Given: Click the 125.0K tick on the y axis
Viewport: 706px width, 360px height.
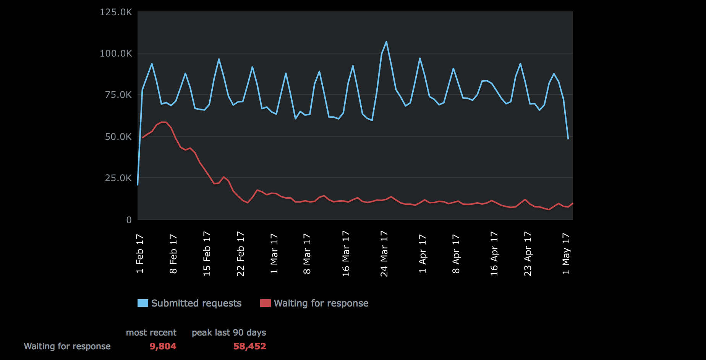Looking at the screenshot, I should pyautogui.click(x=116, y=12).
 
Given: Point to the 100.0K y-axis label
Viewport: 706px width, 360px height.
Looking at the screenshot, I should pyautogui.click(x=116, y=54).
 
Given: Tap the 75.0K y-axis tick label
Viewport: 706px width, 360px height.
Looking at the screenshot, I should pyautogui.click(x=118, y=95).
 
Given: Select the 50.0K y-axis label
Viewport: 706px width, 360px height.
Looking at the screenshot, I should pyautogui.click(x=118, y=136).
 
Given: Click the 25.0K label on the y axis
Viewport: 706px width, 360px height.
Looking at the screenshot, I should pyautogui.click(x=118, y=178).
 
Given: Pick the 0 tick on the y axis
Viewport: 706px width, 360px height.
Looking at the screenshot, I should pyautogui.click(x=129, y=220).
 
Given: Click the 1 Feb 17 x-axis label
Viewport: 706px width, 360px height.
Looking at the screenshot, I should pyautogui.click(x=140, y=254).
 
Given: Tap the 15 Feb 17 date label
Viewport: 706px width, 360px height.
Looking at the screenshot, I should pyautogui.click(x=207, y=254).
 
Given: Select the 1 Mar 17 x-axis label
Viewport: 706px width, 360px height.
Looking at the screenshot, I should pyautogui.click(x=274, y=254).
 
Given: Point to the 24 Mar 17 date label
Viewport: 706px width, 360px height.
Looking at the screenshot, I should pyautogui.click(x=384, y=254).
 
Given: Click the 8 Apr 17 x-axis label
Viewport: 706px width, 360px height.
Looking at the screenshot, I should pyautogui.click(x=456, y=254).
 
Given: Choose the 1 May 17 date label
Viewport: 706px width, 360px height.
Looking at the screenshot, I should pyautogui.click(x=566, y=254).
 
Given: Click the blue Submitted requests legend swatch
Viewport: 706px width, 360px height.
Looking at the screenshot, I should pyautogui.click(x=142, y=303).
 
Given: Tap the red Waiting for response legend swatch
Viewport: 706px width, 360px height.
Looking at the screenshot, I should pyautogui.click(x=265, y=303).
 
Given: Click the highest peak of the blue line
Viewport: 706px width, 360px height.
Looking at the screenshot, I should pyautogui.click(x=386, y=42).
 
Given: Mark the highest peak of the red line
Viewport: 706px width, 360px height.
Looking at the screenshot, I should pyautogui.click(x=164, y=122).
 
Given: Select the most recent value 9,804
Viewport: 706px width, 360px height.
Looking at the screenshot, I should pyautogui.click(x=163, y=346).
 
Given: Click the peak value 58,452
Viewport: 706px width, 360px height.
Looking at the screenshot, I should pyautogui.click(x=249, y=346).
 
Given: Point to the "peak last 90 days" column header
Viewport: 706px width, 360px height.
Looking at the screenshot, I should pyautogui.click(x=229, y=332).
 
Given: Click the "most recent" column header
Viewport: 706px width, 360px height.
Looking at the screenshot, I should pyautogui.click(x=151, y=332).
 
